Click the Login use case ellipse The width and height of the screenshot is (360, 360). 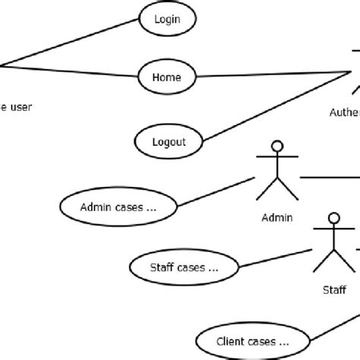(167, 20)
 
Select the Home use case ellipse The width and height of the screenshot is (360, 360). (167, 76)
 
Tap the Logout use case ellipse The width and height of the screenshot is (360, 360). (169, 141)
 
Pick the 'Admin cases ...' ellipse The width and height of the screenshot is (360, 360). (118, 206)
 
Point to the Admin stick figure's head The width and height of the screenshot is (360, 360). (278, 147)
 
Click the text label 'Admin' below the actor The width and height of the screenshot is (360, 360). (276, 217)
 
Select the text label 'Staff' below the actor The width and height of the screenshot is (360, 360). (334, 289)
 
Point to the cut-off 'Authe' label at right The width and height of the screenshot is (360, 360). (344, 112)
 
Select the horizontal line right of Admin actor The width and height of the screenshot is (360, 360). (330, 178)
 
